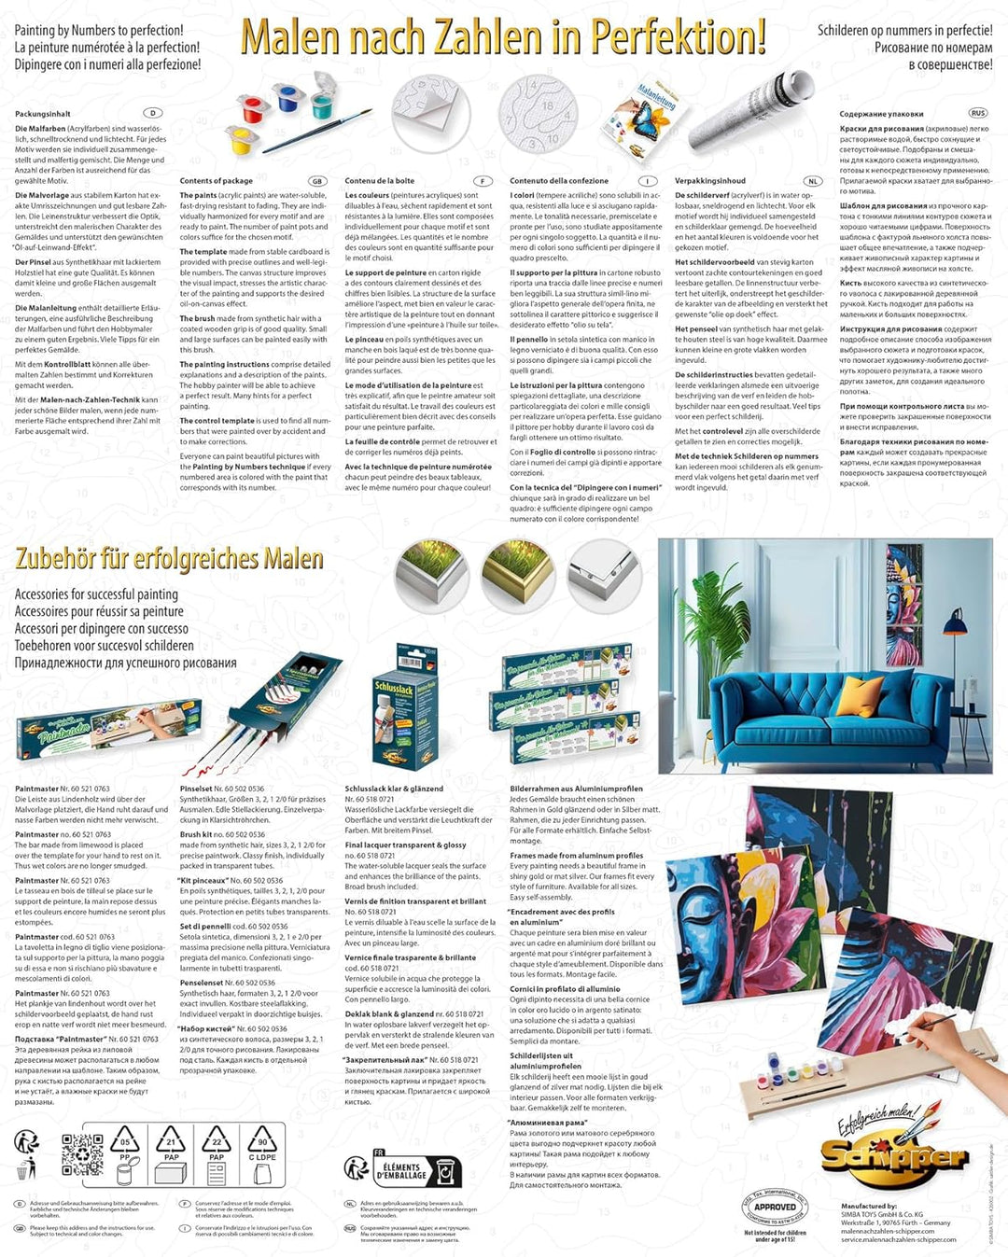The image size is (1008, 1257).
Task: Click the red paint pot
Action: pyautogui.click(x=253, y=108)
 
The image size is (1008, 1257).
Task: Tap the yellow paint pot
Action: pyautogui.click(x=242, y=142)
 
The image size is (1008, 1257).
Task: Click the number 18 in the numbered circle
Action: pyautogui.click(x=547, y=106)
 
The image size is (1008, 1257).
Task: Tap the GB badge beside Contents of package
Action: pyautogui.click(x=317, y=181)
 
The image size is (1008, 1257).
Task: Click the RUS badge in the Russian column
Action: pyautogui.click(x=977, y=113)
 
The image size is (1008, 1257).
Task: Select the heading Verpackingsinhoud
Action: pyautogui.click(x=710, y=181)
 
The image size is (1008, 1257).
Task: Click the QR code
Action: pyautogui.click(x=82, y=1154)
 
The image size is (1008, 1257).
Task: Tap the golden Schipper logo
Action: pyautogui.click(x=893, y=1157)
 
